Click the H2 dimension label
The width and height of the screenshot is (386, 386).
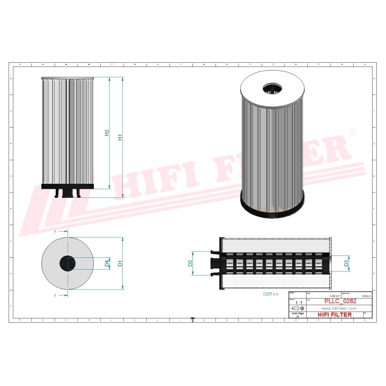[107, 133]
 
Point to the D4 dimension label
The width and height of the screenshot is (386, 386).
[107, 263]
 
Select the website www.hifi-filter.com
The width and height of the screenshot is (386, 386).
[338, 309]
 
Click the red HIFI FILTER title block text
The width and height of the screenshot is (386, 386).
[335, 315]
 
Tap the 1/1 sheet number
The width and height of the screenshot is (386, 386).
[298, 303]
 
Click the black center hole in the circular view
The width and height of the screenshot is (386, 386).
[68, 263]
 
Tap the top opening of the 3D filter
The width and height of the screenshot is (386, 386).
[271, 87]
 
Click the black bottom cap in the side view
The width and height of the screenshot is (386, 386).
[68, 187]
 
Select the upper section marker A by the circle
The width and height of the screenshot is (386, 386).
[55, 231]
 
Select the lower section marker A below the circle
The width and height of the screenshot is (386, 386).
[55, 295]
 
